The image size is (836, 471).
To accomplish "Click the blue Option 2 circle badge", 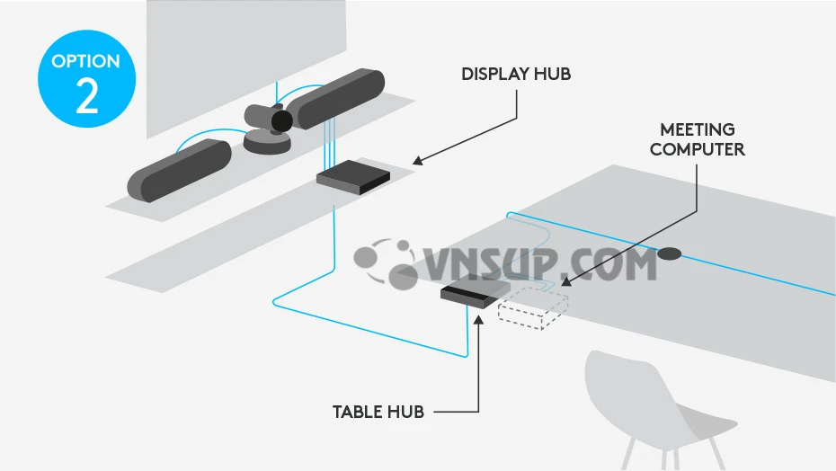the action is [x=87, y=79].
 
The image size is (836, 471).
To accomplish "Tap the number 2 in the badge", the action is [x=87, y=95].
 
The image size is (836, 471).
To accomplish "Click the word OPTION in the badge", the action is [x=85, y=61].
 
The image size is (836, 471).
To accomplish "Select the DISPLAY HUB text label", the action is [x=516, y=74].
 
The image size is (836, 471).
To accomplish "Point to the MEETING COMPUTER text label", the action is [x=698, y=139].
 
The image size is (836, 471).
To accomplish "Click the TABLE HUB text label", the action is [x=378, y=412].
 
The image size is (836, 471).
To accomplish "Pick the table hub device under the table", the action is [x=475, y=294].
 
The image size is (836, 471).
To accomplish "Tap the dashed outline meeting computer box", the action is [x=533, y=307].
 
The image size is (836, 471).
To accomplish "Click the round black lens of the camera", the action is [x=281, y=121].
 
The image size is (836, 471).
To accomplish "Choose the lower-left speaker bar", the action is [x=179, y=170].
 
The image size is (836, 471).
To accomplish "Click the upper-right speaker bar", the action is [x=340, y=99].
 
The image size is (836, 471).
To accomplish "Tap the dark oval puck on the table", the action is [x=669, y=253].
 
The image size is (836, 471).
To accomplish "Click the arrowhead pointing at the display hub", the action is [x=418, y=160].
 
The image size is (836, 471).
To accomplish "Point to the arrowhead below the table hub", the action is [x=478, y=319].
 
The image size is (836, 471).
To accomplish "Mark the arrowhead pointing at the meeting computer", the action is [x=566, y=281].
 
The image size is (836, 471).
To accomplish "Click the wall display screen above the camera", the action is [x=246, y=64].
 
